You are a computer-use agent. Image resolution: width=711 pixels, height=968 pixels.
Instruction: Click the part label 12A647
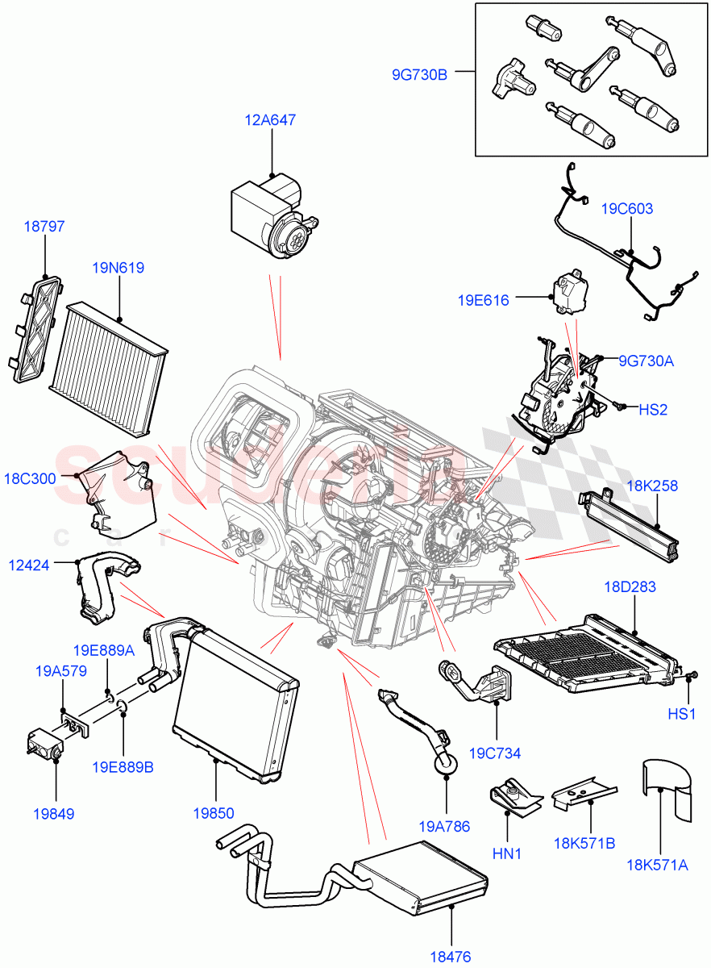pyautogui.click(x=270, y=120)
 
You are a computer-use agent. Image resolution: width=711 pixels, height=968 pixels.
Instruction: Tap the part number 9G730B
pyautogui.click(x=418, y=76)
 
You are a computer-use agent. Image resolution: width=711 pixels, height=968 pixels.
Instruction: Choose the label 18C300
pyautogui.click(x=30, y=478)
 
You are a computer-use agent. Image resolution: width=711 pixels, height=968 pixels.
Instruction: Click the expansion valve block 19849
pyautogui.click(x=44, y=741)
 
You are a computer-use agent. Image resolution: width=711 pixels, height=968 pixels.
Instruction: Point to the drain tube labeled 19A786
pyautogui.click(x=419, y=726)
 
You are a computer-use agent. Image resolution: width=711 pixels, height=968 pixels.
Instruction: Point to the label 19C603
pyautogui.click(x=626, y=208)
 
